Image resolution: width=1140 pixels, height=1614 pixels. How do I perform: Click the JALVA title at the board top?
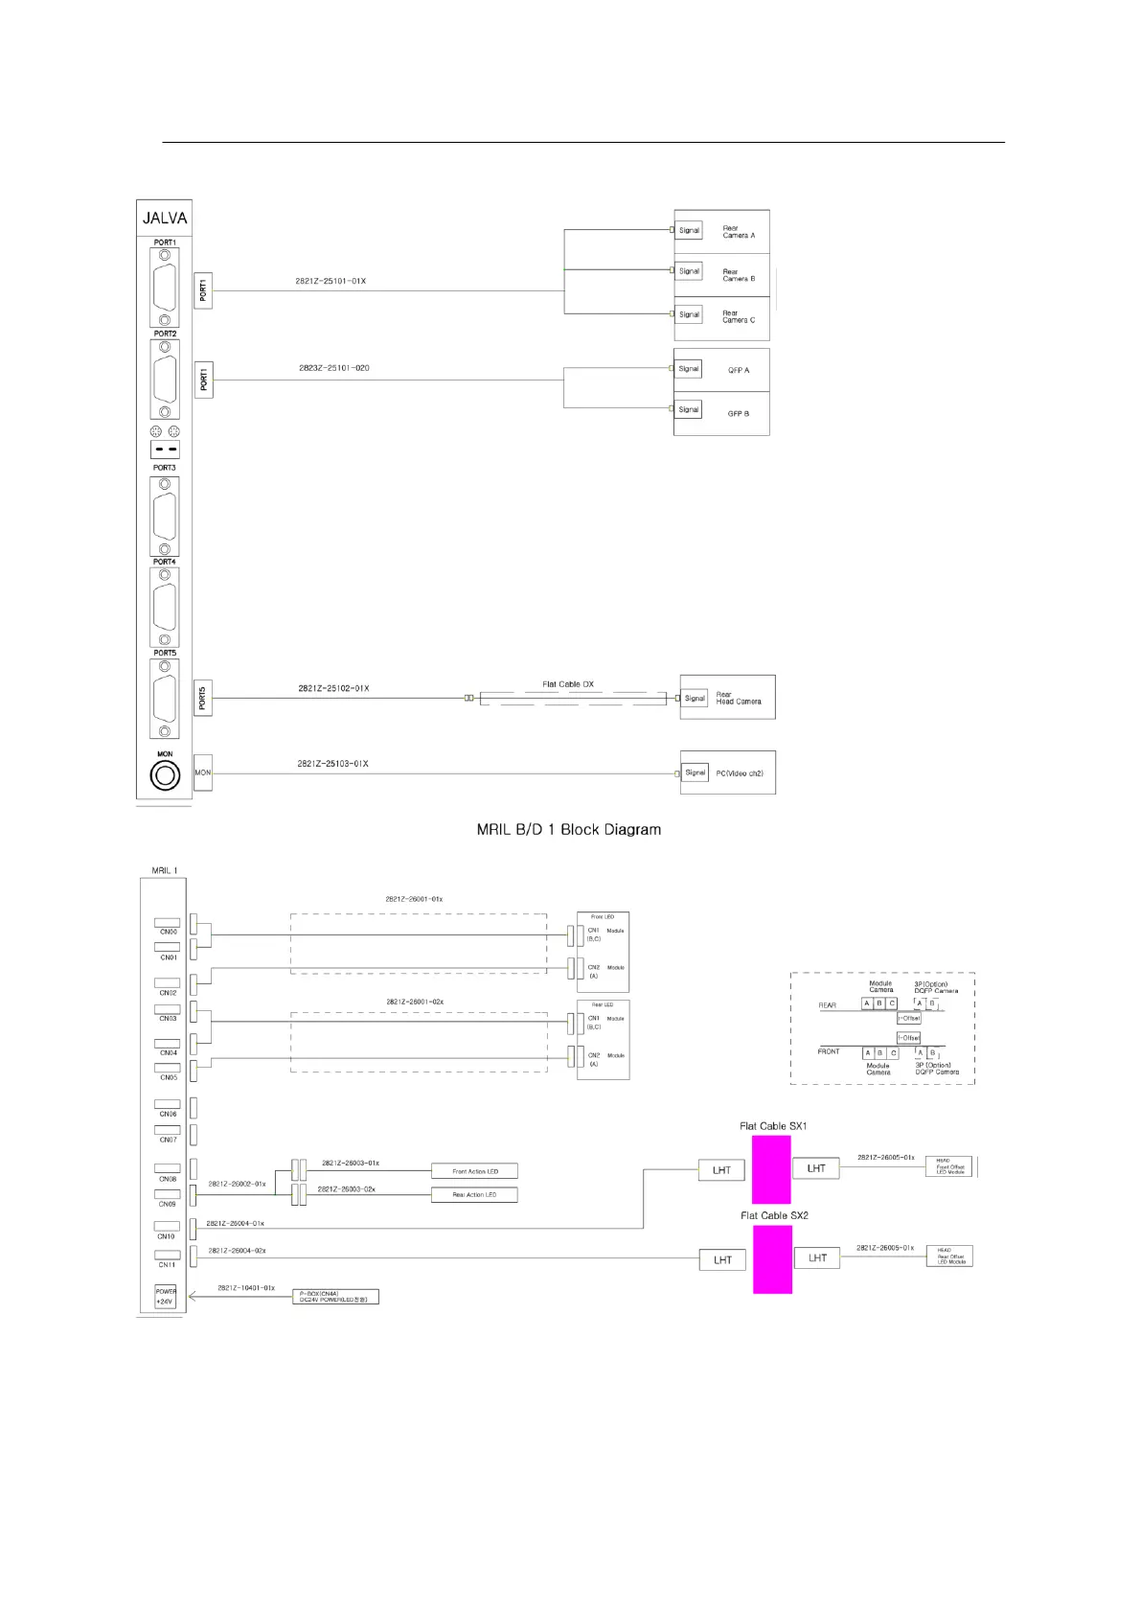pyautogui.click(x=165, y=218)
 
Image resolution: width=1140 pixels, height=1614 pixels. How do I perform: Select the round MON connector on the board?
pyautogui.click(x=165, y=774)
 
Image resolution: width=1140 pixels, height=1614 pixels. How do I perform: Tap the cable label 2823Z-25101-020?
pyautogui.click(x=333, y=368)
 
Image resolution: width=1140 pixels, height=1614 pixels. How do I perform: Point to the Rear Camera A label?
pyautogui.click(x=738, y=232)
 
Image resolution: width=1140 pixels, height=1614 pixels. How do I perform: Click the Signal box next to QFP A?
pyautogui.click(x=689, y=369)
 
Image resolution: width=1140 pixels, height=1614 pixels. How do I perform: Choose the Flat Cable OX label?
pyautogui.click(x=568, y=684)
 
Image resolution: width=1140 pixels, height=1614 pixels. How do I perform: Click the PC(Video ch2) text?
pyautogui.click(x=740, y=773)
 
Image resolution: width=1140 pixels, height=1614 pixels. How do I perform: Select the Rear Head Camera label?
pyautogui.click(x=739, y=698)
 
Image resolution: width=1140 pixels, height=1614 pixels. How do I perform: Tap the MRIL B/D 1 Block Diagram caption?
pyautogui.click(x=568, y=829)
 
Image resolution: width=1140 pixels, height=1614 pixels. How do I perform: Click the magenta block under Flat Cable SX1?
pyautogui.click(x=771, y=1169)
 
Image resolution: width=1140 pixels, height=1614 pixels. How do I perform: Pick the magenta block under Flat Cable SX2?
pyautogui.click(x=772, y=1259)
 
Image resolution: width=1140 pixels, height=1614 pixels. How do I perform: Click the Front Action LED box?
pyautogui.click(x=474, y=1171)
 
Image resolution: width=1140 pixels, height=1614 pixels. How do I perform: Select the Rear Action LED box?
pyautogui.click(x=474, y=1194)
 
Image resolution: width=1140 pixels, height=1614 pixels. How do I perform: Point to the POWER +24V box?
pyautogui.click(x=166, y=1297)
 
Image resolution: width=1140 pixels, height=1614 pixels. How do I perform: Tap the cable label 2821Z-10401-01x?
pyautogui.click(x=246, y=1288)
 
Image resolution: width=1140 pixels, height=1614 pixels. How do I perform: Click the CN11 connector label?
pyautogui.click(x=167, y=1264)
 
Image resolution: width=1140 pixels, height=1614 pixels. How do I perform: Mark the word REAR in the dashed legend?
pyautogui.click(x=828, y=1005)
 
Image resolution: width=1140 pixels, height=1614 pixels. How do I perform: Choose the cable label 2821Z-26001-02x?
pyautogui.click(x=415, y=1002)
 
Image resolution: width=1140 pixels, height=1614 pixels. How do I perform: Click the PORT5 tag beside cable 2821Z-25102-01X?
pyautogui.click(x=203, y=698)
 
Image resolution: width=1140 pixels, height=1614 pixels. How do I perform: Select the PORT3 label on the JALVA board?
pyautogui.click(x=165, y=468)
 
